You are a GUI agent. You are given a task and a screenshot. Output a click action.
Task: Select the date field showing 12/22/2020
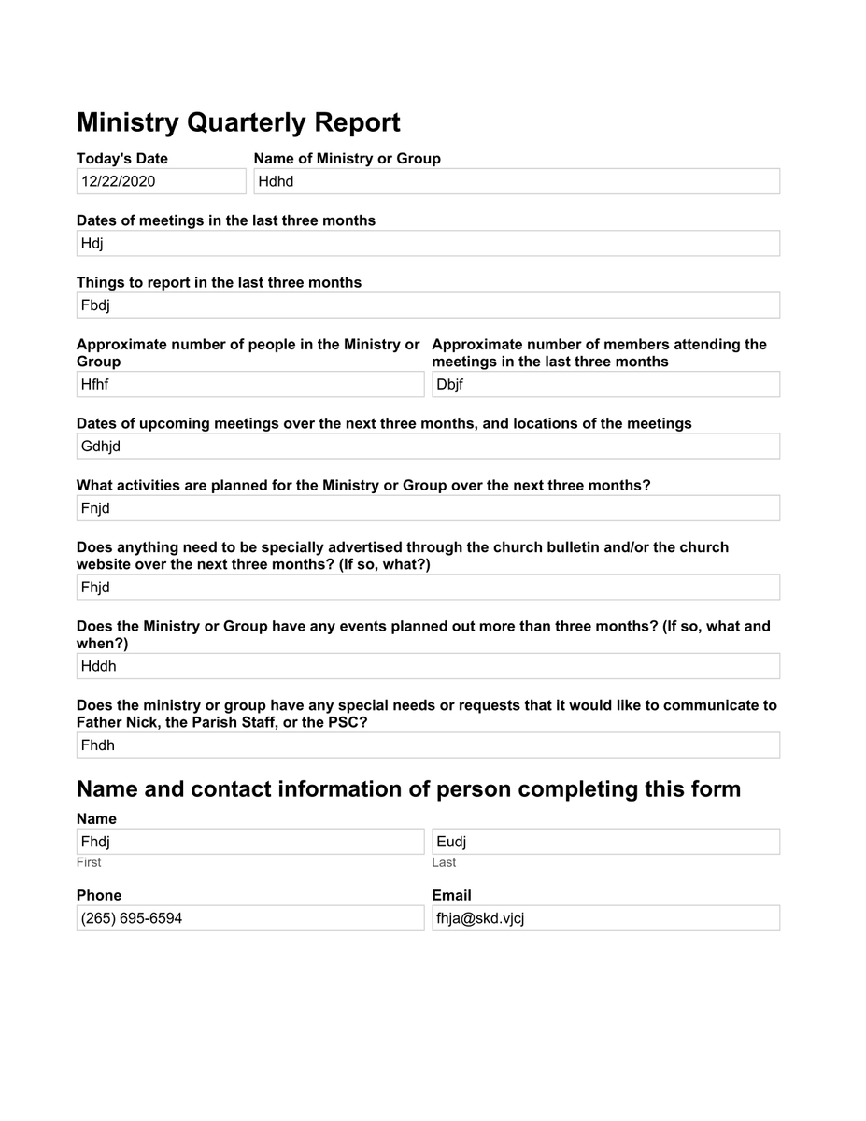(161, 181)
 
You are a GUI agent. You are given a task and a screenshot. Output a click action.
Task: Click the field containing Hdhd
(516, 181)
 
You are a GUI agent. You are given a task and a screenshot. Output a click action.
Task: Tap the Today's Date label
(122, 158)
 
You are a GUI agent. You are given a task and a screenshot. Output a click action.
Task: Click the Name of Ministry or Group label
(347, 158)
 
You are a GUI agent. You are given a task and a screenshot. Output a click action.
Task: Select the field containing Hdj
(428, 243)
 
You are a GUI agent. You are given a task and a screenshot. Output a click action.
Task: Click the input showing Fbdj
(428, 305)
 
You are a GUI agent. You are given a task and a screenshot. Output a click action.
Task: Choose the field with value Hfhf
(249, 384)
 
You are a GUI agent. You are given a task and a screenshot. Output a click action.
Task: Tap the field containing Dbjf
(605, 384)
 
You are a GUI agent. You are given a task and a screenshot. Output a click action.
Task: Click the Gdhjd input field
(428, 446)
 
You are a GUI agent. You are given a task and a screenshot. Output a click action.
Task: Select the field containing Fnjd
(428, 508)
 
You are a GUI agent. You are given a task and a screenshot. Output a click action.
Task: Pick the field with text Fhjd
(428, 587)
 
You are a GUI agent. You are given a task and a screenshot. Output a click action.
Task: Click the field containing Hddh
(428, 666)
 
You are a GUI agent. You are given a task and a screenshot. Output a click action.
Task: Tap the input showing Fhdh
(428, 745)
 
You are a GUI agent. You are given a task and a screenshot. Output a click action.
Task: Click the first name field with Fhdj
(249, 841)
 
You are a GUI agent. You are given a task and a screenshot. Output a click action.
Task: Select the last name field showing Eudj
(605, 841)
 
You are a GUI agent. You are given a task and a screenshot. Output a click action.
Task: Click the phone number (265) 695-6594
(249, 917)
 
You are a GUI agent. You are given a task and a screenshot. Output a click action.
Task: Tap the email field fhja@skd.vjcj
(605, 917)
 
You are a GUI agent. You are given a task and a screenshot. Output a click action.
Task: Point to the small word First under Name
(89, 862)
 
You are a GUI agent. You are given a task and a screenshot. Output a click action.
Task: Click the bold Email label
(451, 895)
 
